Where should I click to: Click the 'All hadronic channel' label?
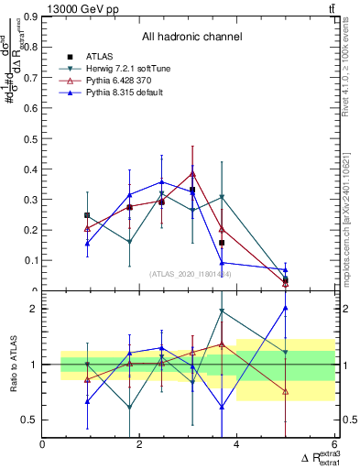point(191,37)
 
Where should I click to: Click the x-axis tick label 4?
point(236,445)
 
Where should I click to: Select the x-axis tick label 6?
point(333,445)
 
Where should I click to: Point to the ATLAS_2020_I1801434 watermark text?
point(191,274)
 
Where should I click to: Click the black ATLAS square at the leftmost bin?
point(87,215)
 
